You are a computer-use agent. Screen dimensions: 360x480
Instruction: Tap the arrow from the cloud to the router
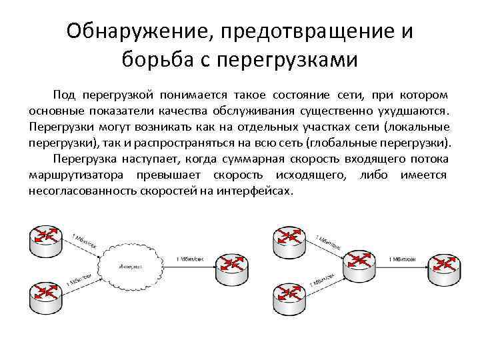tap(193, 267)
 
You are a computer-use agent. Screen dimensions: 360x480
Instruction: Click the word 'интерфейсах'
tap(256, 191)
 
